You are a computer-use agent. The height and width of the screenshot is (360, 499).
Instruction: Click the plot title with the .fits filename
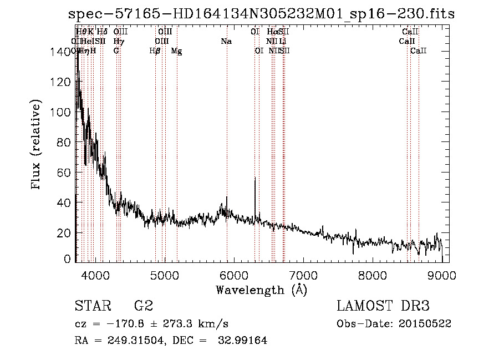pyautogui.click(x=261, y=14)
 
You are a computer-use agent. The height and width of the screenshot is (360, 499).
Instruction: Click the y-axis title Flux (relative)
pyautogui.click(x=37, y=146)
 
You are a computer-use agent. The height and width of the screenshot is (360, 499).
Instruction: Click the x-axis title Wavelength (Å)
pyautogui.click(x=261, y=290)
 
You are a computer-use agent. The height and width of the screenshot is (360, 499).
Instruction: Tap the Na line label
pyautogui.click(x=226, y=42)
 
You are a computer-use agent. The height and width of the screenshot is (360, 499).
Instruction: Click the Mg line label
pyautogui.click(x=176, y=51)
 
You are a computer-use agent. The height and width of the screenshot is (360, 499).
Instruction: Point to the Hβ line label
pyautogui.click(x=155, y=51)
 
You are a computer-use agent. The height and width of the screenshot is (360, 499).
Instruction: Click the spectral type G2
pyautogui.click(x=144, y=306)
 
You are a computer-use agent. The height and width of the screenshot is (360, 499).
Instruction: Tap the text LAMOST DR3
pyautogui.click(x=383, y=306)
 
